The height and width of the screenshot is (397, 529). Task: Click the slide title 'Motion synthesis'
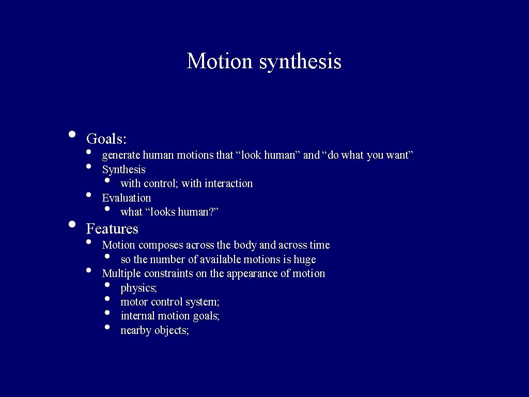pos(264,61)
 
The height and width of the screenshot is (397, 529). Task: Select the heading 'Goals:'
pos(106,139)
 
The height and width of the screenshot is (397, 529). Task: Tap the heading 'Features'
pos(112,228)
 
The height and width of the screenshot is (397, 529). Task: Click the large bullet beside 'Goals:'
pos(72,134)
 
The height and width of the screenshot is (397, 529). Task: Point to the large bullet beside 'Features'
pos(72,224)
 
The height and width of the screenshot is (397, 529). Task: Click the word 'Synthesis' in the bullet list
pos(123,170)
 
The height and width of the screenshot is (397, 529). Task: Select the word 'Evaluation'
pos(127,198)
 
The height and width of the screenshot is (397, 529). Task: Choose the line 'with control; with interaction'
pos(186,184)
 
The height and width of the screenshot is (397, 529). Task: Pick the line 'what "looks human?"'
pos(169,212)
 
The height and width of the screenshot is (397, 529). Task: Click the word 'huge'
pos(304,259)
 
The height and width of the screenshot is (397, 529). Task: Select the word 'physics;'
pos(138,288)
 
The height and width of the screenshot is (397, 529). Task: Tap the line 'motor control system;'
pos(170,302)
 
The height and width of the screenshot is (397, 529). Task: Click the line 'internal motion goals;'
pos(170,316)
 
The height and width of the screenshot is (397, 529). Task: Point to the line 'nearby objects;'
pos(154,330)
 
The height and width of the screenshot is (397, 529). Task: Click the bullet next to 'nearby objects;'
pos(107,327)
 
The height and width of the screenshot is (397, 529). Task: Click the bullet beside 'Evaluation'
pos(89,195)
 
